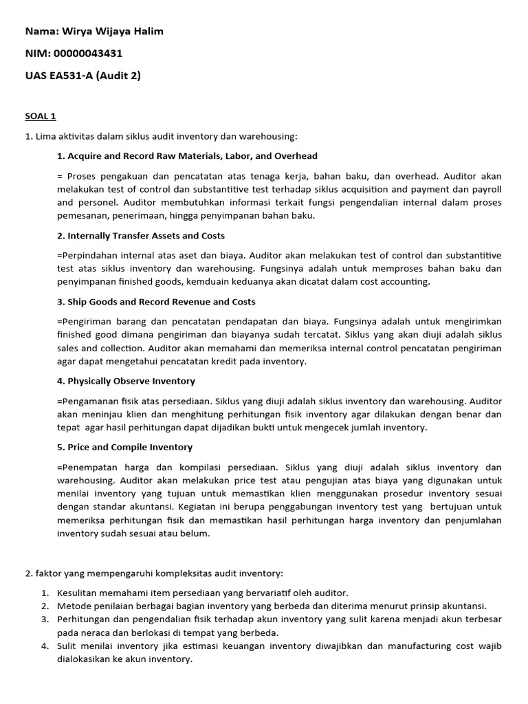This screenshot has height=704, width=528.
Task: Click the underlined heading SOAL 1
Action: [40, 117]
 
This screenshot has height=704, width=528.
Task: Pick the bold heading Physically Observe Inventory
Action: [131, 381]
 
